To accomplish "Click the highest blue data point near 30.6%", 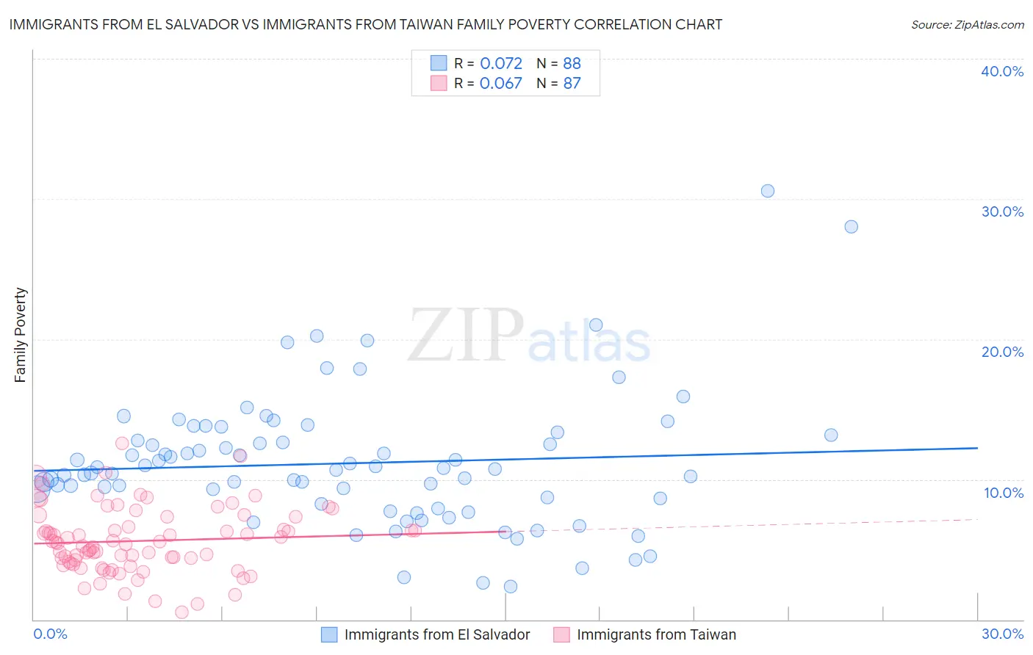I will [x=768, y=191].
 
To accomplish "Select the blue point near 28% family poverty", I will [x=851, y=227].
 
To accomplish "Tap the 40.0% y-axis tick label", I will [x=1002, y=71].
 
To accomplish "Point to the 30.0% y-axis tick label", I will [x=1002, y=211].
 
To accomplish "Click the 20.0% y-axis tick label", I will [x=1002, y=352].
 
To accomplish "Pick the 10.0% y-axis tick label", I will [x=1004, y=493].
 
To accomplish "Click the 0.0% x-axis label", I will [x=50, y=634].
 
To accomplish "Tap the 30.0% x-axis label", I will [x=1002, y=634].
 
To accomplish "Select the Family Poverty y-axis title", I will [x=21, y=335].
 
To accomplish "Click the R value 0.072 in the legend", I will [x=501, y=64].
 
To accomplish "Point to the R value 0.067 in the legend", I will [x=501, y=84].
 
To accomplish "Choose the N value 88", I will [x=572, y=64].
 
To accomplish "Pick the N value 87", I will [x=572, y=84].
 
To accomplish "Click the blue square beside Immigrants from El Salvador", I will [x=329, y=634].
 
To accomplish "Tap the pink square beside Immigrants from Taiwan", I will [x=561, y=634].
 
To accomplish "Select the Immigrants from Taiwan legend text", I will [x=656, y=634].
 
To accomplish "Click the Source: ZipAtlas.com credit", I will [x=967, y=25].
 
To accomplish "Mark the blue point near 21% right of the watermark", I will [x=596, y=325].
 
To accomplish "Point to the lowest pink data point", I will [x=181, y=612].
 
